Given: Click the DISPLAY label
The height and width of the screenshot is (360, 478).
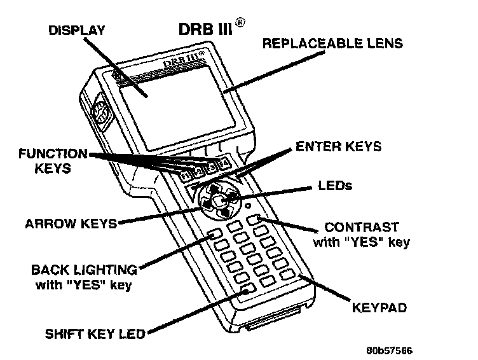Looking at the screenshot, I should point(78,31).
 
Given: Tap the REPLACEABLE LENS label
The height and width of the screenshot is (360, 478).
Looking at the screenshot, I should point(333,44).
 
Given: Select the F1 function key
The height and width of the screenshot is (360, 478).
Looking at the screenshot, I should point(186,176).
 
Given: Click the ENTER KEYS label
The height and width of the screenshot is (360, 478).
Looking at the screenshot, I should point(338,147).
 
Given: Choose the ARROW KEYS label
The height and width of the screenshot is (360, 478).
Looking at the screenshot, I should point(70,224).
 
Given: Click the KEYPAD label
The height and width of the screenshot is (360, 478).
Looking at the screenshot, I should point(379,308).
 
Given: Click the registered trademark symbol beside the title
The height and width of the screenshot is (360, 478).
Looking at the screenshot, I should point(240,22).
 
